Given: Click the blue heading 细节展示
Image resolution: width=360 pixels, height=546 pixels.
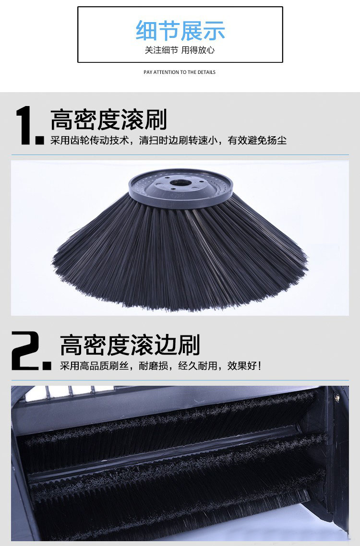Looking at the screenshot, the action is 180,31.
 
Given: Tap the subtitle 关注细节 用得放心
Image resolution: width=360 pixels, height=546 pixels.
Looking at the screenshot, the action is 180,50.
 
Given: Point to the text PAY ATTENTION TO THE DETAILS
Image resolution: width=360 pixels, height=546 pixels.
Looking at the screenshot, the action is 180,72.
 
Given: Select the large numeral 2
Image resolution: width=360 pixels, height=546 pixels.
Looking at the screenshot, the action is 25,350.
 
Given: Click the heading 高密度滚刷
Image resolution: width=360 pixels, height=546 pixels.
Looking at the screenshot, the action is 109,119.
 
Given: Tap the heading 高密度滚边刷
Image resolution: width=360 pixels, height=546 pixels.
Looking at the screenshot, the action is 130,345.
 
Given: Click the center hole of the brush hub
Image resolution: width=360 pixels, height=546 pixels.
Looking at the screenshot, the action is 180,182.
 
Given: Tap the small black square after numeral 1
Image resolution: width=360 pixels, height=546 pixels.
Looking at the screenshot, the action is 40,140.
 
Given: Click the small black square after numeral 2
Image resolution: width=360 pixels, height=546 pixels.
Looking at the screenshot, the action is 47,366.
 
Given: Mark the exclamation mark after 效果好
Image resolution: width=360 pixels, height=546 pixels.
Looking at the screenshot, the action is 259,366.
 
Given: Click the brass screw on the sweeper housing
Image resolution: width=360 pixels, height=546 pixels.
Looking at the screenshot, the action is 336,396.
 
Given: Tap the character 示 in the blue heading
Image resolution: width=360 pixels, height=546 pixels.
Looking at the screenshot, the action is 214,31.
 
